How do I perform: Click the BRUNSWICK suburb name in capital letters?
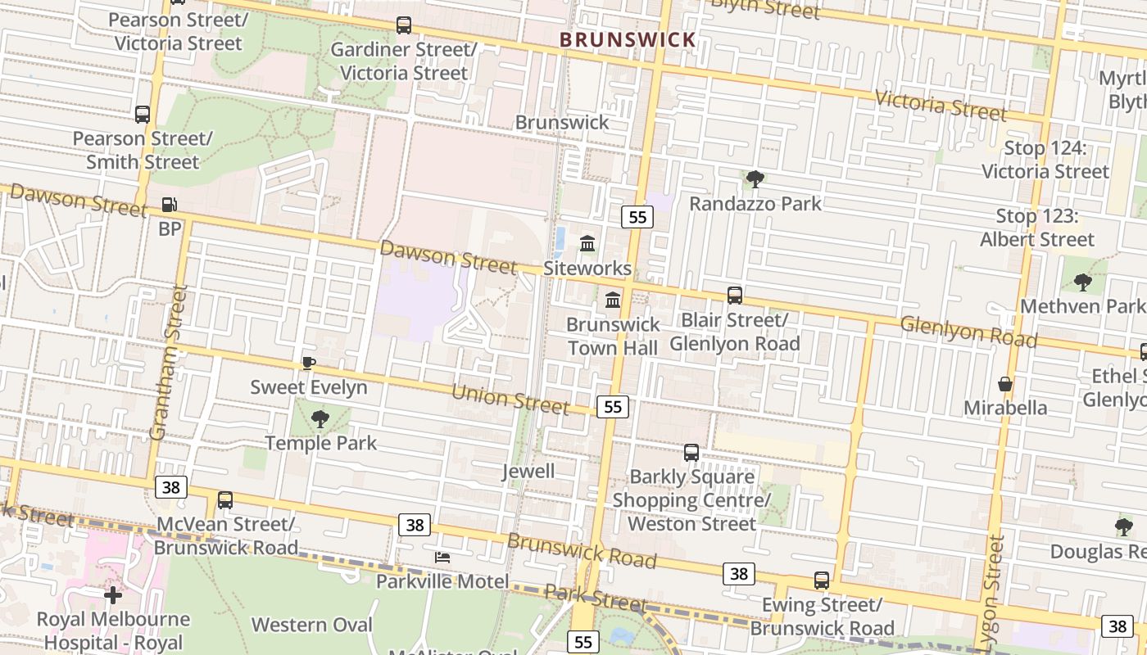[628, 39]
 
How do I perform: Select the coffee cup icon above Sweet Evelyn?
[308, 363]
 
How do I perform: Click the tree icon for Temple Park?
[320, 419]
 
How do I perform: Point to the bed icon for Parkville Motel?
[442, 558]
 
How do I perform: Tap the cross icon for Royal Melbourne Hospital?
[113, 594]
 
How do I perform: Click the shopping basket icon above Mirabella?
[1005, 384]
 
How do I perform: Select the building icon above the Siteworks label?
[587, 244]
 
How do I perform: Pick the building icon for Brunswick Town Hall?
[613, 300]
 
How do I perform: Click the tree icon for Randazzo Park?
[755, 178]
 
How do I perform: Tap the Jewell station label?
[528, 472]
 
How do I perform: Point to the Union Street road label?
[510, 399]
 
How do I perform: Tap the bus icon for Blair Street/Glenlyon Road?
[735, 296]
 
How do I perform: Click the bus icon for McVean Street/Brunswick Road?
[225, 500]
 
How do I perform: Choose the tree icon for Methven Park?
[1082, 282]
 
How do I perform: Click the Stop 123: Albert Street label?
[1037, 228]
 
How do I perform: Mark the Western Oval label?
[311, 625]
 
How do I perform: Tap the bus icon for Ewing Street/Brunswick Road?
[822, 580]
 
